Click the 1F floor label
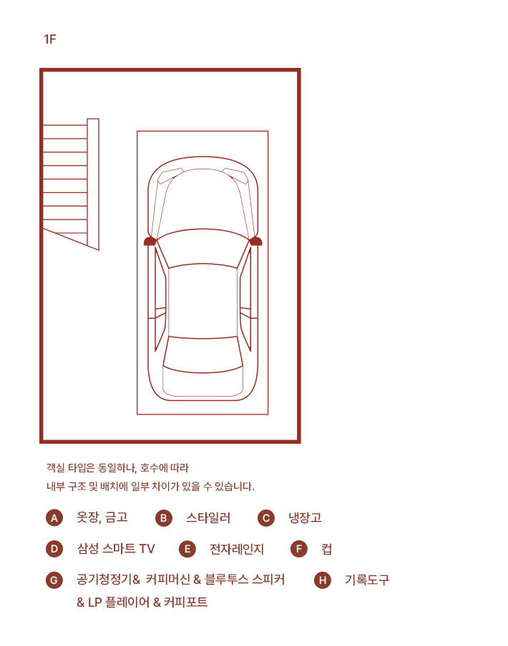(50, 39)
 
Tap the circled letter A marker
(54, 518)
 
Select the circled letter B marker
(164, 518)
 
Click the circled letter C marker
(266, 518)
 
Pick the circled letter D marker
(54, 549)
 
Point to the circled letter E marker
(187, 549)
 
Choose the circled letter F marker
(299, 549)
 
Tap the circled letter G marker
(54, 580)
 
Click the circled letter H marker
(323, 580)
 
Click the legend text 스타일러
(208, 517)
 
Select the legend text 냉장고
(305, 517)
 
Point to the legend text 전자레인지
(237, 549)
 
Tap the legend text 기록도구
(367, 580)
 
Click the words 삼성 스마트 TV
(116, 548)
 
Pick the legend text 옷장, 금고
(102, 517)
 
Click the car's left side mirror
(150, 241)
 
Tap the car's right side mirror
(256, 241)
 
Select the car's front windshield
(203, 247)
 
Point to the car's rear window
(203, 354)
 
